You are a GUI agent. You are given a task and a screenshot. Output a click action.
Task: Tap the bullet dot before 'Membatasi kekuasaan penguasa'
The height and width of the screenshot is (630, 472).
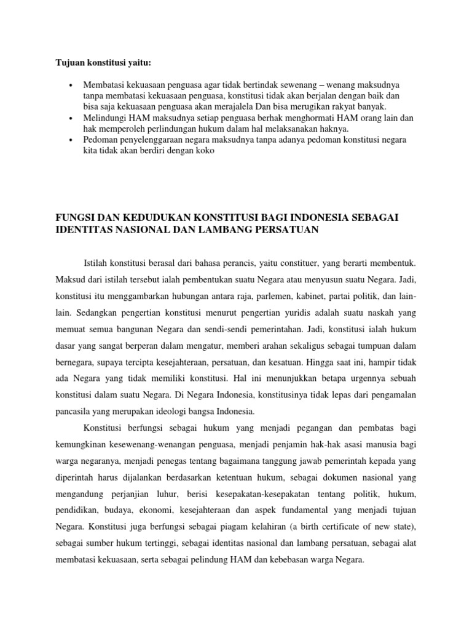pos(72,84)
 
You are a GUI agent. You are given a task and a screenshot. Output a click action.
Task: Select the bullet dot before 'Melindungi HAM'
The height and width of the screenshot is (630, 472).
pos(72,118)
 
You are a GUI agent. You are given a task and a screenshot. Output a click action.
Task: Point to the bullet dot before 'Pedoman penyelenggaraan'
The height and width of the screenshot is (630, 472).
pos(72,140)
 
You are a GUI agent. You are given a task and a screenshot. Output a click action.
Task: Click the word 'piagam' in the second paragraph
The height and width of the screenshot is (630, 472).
pos(258,528)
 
